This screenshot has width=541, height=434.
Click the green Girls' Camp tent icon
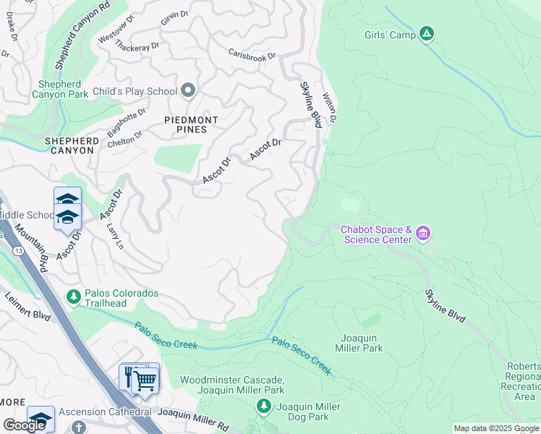coord(427,33)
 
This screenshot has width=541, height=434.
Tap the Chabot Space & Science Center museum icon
coord(423,234)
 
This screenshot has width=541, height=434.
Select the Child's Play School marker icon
coord(189,91)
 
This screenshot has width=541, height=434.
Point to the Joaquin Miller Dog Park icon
coord(264,407)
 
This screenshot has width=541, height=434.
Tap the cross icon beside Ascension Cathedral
coord(78,426)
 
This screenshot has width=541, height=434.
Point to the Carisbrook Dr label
coord(252,54)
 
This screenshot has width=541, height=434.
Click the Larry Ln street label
coord(114,236)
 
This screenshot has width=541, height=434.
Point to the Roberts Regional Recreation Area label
coord(524,381)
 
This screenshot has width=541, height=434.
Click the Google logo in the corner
coord(25,425)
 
